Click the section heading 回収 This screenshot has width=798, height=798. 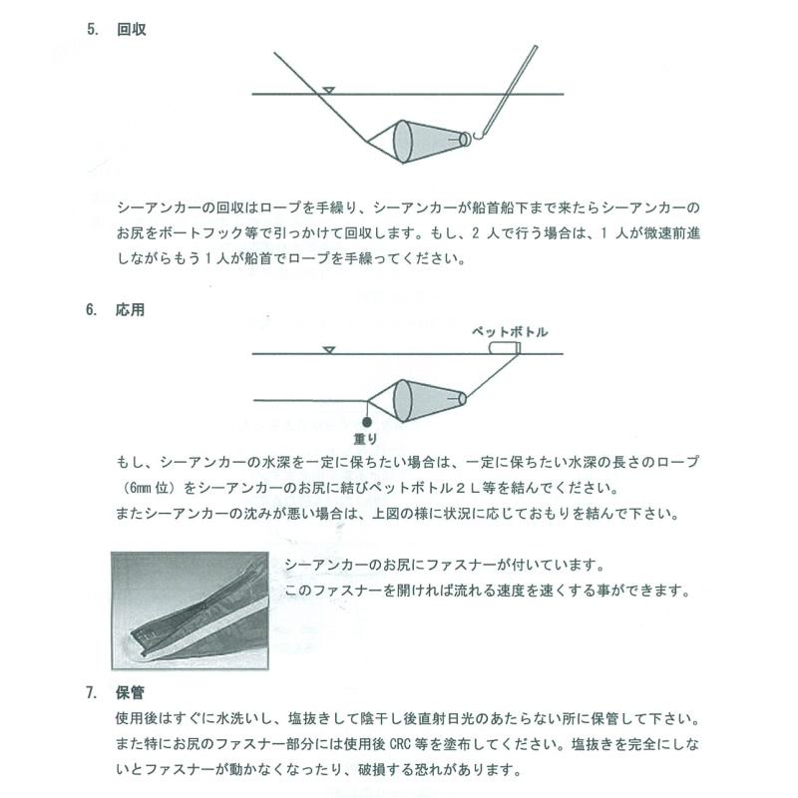coord(132,30)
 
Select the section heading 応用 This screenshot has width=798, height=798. coord(132,309)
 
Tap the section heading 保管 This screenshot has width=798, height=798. coord(132,691)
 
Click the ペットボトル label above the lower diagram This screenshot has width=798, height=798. coord(510,332)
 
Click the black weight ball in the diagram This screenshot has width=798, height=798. coord(367,421)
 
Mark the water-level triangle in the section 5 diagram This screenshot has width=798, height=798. coord(327,93)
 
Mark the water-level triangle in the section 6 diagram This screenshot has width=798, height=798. coord(327,349)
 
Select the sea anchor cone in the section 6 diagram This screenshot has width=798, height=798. coord(419,400)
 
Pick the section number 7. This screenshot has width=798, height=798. coord(91,691)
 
